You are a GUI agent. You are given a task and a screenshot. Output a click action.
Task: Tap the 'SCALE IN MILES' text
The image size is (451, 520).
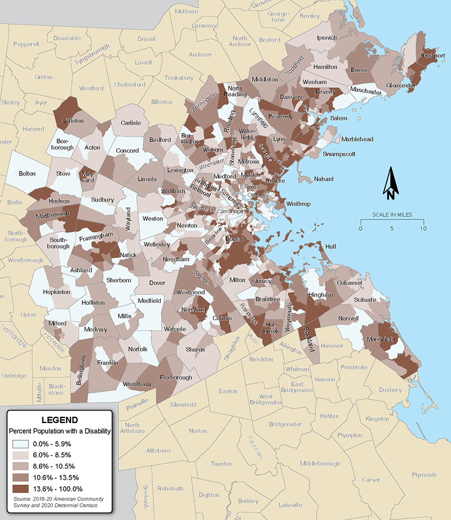click(392, 215)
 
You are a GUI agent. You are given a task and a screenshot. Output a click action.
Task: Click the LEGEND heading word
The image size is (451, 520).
click(60, 420)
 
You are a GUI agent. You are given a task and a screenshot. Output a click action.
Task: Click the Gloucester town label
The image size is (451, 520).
click(401, 86)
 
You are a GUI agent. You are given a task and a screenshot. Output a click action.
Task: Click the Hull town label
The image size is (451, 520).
click(330, 246)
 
